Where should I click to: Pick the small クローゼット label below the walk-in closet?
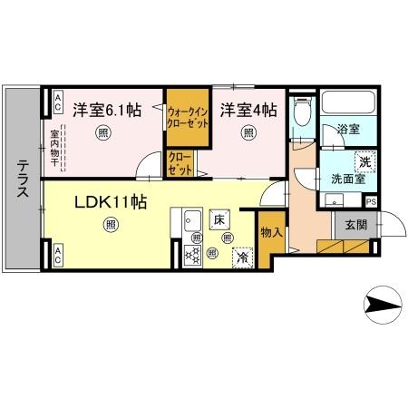[180, 163]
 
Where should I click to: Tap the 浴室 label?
[349, 130]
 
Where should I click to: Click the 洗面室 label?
[347, 179]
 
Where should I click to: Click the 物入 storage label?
[271, 232]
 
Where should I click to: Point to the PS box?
[371, 202]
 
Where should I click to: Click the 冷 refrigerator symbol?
[242, 257]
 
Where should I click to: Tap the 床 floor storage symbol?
[219, 219]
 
